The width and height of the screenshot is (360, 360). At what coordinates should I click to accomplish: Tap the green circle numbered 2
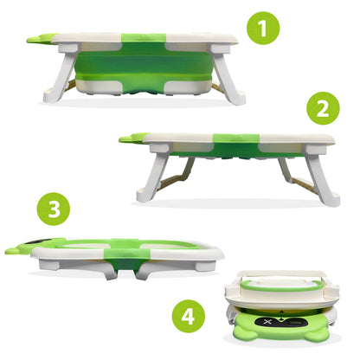322,109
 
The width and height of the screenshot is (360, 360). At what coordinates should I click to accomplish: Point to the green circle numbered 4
189,313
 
